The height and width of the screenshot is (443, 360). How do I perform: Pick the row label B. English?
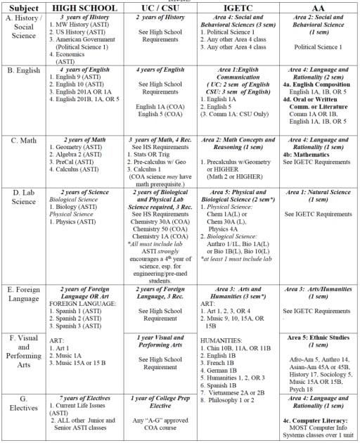point(24,70)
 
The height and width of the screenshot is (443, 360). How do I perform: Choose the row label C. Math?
point(20,139)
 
